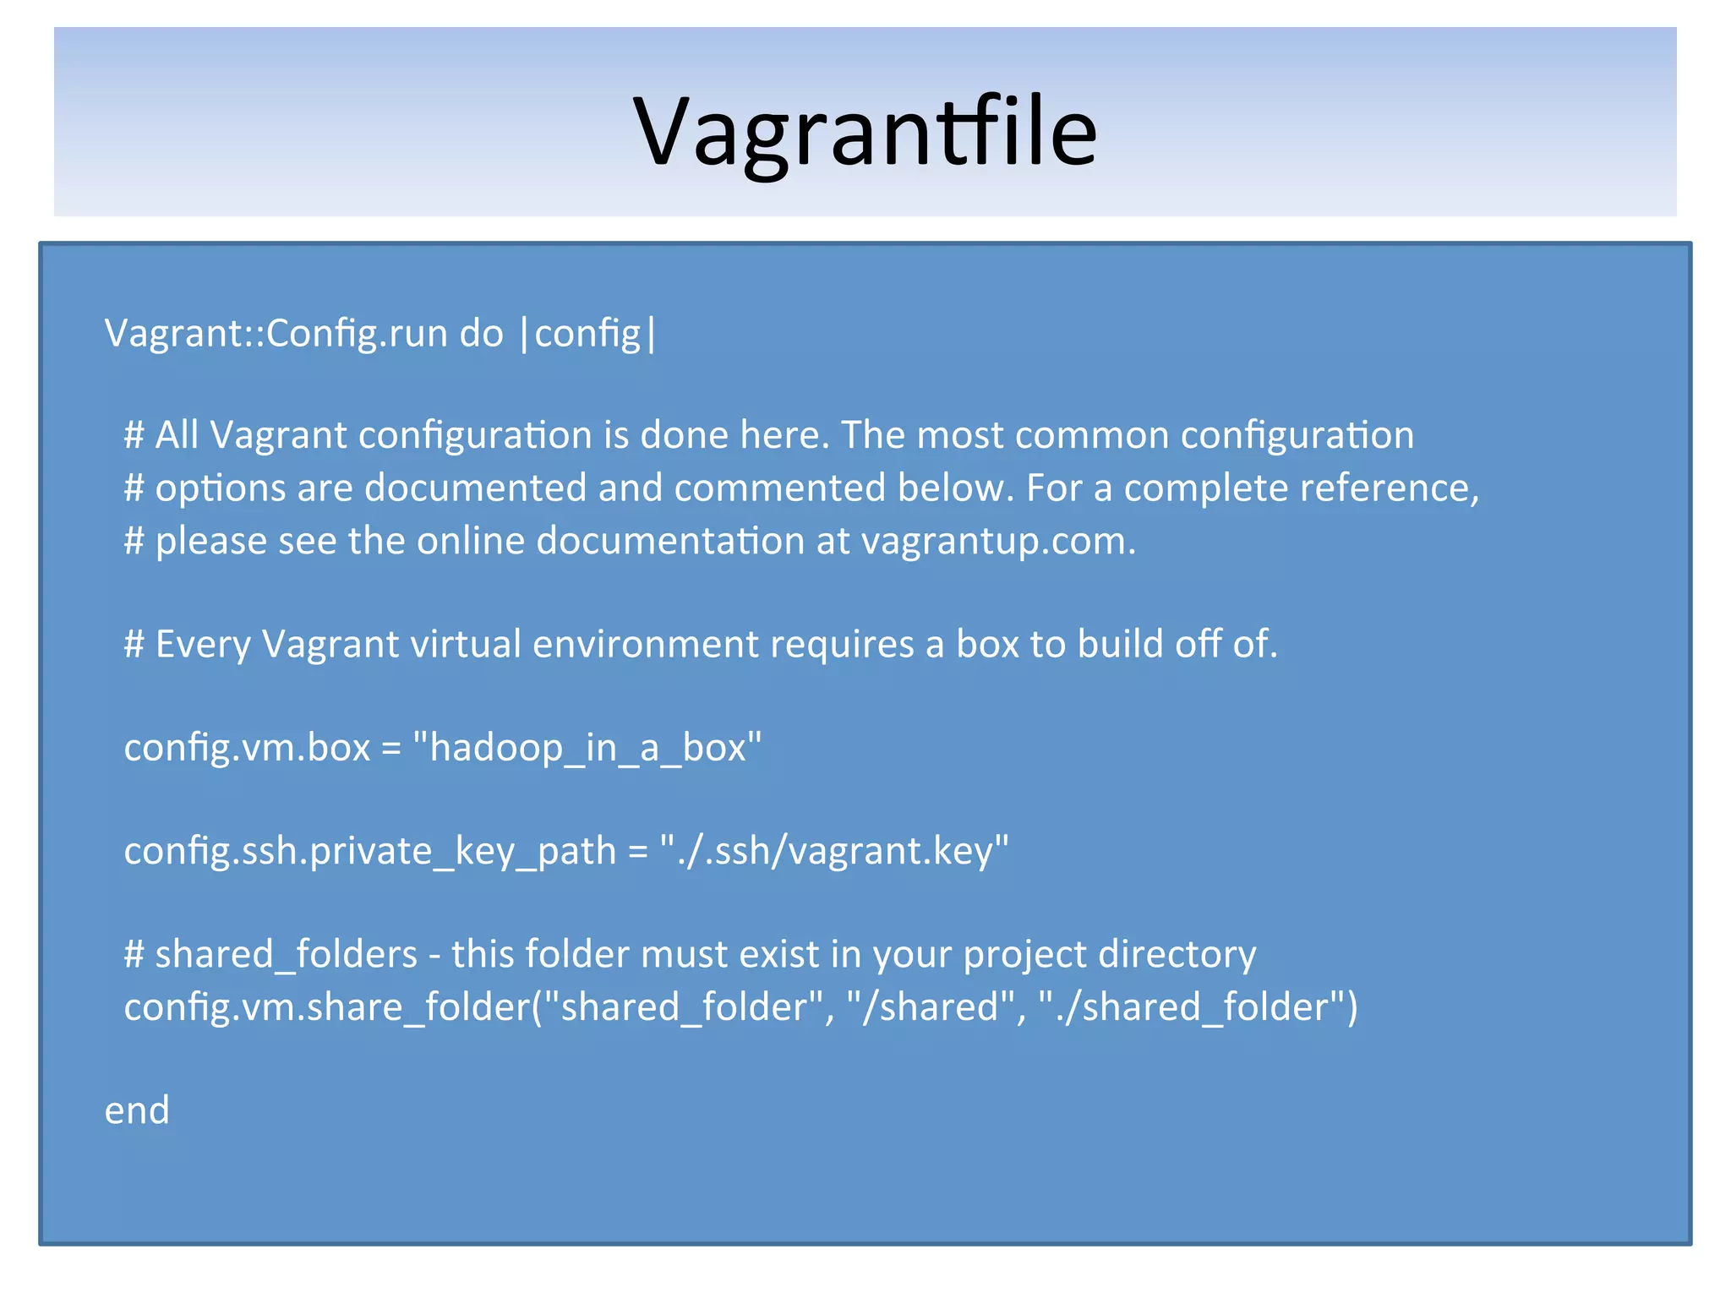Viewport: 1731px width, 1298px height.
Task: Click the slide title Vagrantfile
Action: [x=865, y=132]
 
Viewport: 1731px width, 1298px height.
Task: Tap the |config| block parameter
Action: [x=588, y=333]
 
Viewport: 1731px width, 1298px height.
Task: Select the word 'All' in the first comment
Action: [x=177, y=435]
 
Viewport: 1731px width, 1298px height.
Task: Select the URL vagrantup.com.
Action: [x=998, y=541]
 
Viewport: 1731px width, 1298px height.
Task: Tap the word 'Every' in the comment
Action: [x=203, y=644]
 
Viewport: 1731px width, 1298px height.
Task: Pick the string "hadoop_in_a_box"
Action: [x=587, y=748]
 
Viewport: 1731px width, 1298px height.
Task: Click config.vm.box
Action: [x=247, y=748]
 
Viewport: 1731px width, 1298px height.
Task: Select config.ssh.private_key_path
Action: [x=370, y=851]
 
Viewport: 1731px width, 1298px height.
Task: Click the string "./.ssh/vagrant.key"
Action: [x=834, y=851]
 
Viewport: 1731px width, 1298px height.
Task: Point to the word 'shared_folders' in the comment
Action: [x=287, y=955]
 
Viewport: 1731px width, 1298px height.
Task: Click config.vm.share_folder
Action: [x=326, y=1007]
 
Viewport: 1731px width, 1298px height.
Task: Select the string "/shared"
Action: [x=930, y=1007]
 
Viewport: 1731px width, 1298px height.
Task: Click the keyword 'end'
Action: [x=137, y=1110]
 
